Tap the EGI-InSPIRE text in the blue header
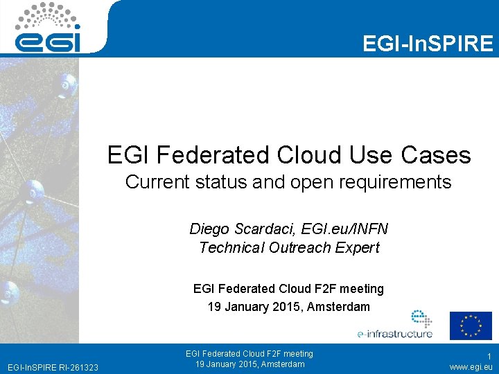[428, 44]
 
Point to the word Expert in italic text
[355, 248]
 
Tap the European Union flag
[470, 326]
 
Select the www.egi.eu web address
[471, 366]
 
